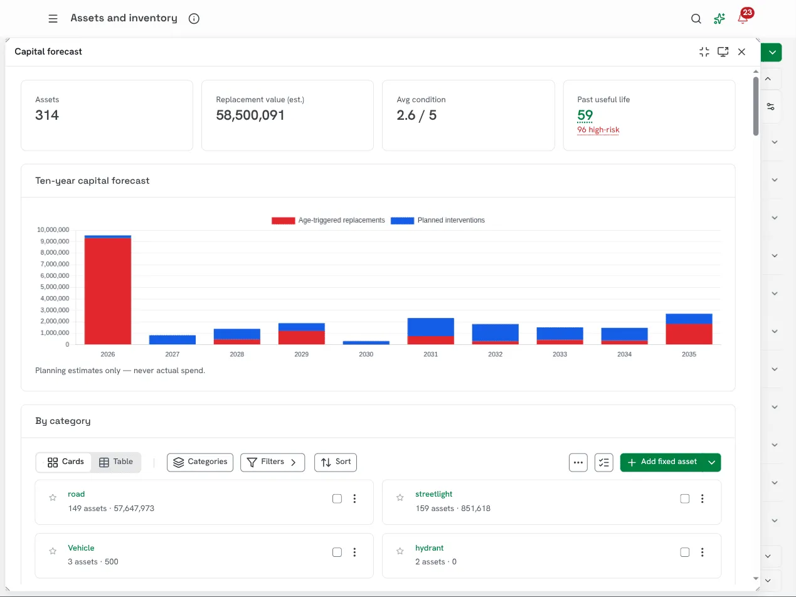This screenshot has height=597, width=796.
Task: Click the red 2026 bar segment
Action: click(108, 291)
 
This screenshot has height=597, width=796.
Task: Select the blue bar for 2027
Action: click(172, 340)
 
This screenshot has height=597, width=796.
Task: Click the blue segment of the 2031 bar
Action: click(430, 327)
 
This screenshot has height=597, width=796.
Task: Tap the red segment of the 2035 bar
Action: click(689, 334)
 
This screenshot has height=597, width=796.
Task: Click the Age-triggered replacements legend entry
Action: click(328, 220)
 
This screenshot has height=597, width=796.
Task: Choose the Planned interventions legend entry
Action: click(437, 220)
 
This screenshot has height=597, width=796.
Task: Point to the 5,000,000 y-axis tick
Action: click(55, 287)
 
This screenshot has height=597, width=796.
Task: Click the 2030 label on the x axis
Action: click(366, 354)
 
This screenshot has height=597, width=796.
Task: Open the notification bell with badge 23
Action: click(743, 17)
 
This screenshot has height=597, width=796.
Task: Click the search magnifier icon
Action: click(696, 18)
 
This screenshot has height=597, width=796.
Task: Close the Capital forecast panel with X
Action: click(741, 52)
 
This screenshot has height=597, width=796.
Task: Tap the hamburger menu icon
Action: click(53, 18)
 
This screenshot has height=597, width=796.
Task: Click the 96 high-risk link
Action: click(598, 130)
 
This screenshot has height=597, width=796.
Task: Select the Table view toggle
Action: click(116, 462)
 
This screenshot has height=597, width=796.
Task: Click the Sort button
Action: click(336, 462)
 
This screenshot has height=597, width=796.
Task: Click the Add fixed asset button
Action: click(662, 462)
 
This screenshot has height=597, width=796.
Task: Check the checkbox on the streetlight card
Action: click(684, 499)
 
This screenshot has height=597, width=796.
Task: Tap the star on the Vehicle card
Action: click(53, 551)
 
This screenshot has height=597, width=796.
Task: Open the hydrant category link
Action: click(429, 547)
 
